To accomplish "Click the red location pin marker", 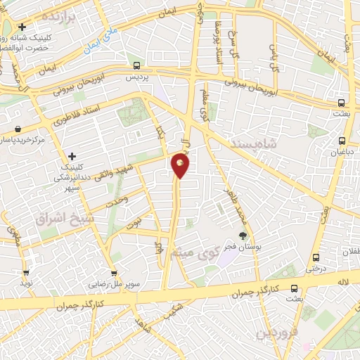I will [181, 165].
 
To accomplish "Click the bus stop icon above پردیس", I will [136, 66].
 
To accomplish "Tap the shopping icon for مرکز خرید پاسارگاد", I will [17, 129].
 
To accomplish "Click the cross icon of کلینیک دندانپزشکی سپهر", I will [72, 155].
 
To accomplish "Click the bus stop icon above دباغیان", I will [342, 141].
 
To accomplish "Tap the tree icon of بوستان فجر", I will [243, 236].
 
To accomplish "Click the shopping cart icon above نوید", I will [27, 274].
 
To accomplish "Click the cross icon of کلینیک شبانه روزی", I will [22, 27].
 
